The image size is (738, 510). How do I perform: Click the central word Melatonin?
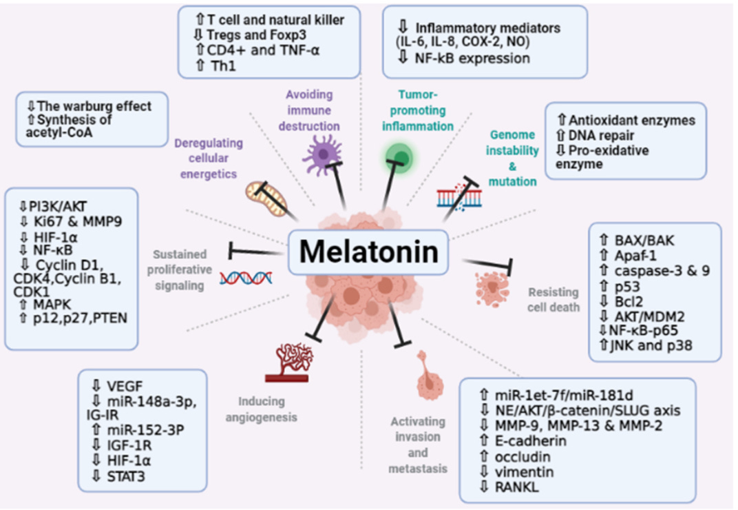tap(368, 252)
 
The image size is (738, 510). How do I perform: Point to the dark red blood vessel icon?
tap(288, 362)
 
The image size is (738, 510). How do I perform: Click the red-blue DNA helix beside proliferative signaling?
tap(246, 278)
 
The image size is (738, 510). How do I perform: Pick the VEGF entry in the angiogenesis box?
tap(124, 387)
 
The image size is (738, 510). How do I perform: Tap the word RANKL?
tap(516, 487)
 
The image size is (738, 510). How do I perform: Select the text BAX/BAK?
tap(644, 241)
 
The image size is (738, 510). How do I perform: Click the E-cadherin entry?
tap(530, 441)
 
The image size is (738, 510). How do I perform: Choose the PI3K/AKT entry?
tap(58, 207)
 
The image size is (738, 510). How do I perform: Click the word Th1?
tap(223, 65)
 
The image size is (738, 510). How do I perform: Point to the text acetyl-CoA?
tap(59, 133)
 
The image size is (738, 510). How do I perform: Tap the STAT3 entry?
tap(126, 476)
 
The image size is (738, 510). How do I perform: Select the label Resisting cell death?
tap(553, 300)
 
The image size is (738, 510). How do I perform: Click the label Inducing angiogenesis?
tap(261, 409)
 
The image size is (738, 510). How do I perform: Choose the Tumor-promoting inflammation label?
tap(417, 110)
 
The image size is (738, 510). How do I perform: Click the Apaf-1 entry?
tap(635, 256)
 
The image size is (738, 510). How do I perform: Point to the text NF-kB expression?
tap(472, 59)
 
